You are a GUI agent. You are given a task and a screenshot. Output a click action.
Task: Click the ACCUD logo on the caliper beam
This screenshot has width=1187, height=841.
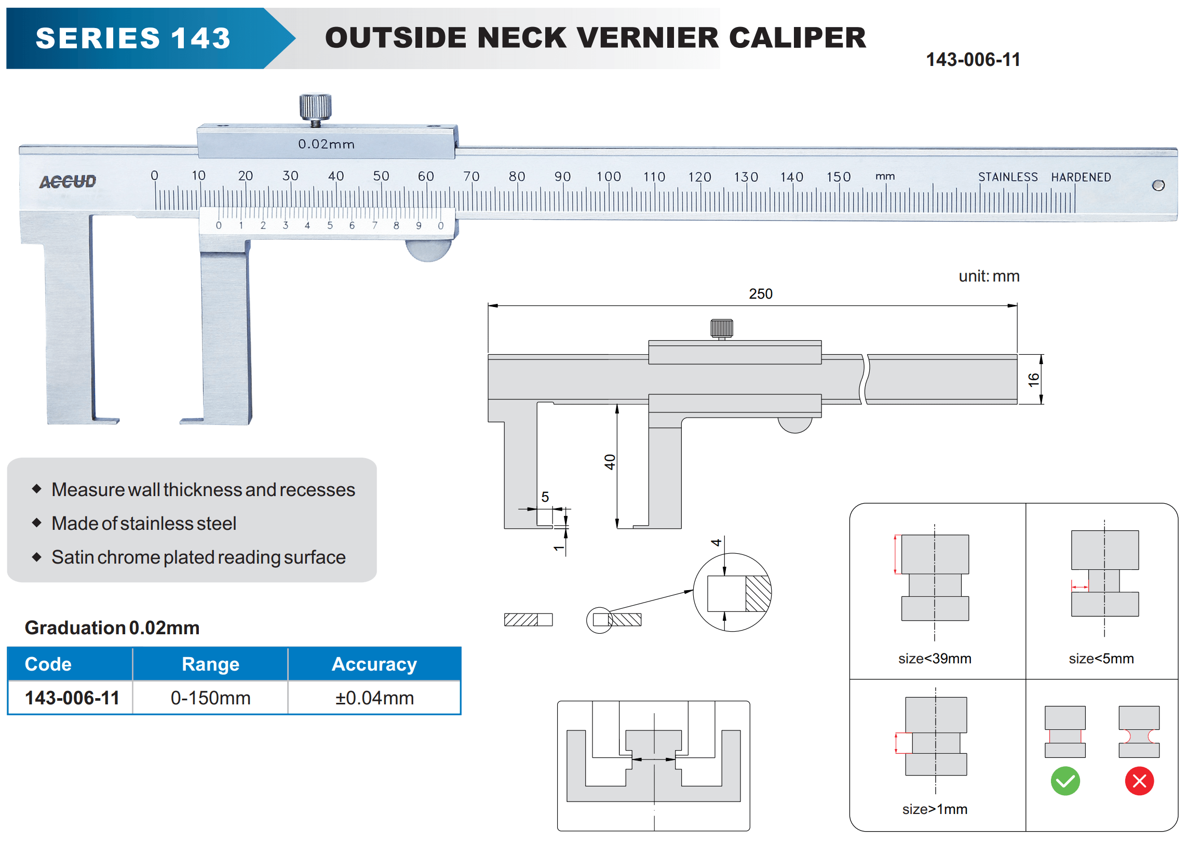68,181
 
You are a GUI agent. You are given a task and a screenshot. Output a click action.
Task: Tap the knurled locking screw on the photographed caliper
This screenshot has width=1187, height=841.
315,106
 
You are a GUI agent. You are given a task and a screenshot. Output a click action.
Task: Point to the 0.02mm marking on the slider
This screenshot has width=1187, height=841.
326,144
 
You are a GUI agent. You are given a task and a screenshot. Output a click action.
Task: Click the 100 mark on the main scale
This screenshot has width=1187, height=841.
609,177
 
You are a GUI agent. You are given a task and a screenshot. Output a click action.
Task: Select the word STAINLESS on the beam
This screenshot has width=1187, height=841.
1008,177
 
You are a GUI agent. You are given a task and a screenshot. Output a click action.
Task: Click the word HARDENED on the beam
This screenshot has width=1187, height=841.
1081,177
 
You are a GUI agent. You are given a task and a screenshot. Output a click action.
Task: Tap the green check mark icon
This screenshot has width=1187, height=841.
1065,781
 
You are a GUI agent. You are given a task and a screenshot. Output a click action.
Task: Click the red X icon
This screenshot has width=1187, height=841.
1139,781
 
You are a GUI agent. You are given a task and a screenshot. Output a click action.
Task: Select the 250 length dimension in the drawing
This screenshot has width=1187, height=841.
761,294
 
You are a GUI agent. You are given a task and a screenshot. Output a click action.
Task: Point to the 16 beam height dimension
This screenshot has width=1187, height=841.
1033,379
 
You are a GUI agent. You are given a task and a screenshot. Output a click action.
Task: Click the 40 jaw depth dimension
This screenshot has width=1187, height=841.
610,462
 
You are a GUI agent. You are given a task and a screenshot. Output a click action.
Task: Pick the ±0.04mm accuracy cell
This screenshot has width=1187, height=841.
374,698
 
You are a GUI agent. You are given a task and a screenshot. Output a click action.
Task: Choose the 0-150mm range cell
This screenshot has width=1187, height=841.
210,698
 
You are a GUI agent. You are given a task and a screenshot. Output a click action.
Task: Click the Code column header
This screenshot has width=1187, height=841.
48,664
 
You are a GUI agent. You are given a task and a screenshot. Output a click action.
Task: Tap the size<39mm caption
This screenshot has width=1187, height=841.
935,659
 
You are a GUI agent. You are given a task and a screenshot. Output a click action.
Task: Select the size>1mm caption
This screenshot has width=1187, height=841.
935,809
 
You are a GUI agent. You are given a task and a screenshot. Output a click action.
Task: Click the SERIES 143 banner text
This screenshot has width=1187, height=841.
133,38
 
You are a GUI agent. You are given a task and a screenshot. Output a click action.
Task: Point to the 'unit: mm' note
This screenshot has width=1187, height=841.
989,276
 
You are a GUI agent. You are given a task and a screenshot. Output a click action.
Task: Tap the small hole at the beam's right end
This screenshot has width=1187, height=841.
1158,185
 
